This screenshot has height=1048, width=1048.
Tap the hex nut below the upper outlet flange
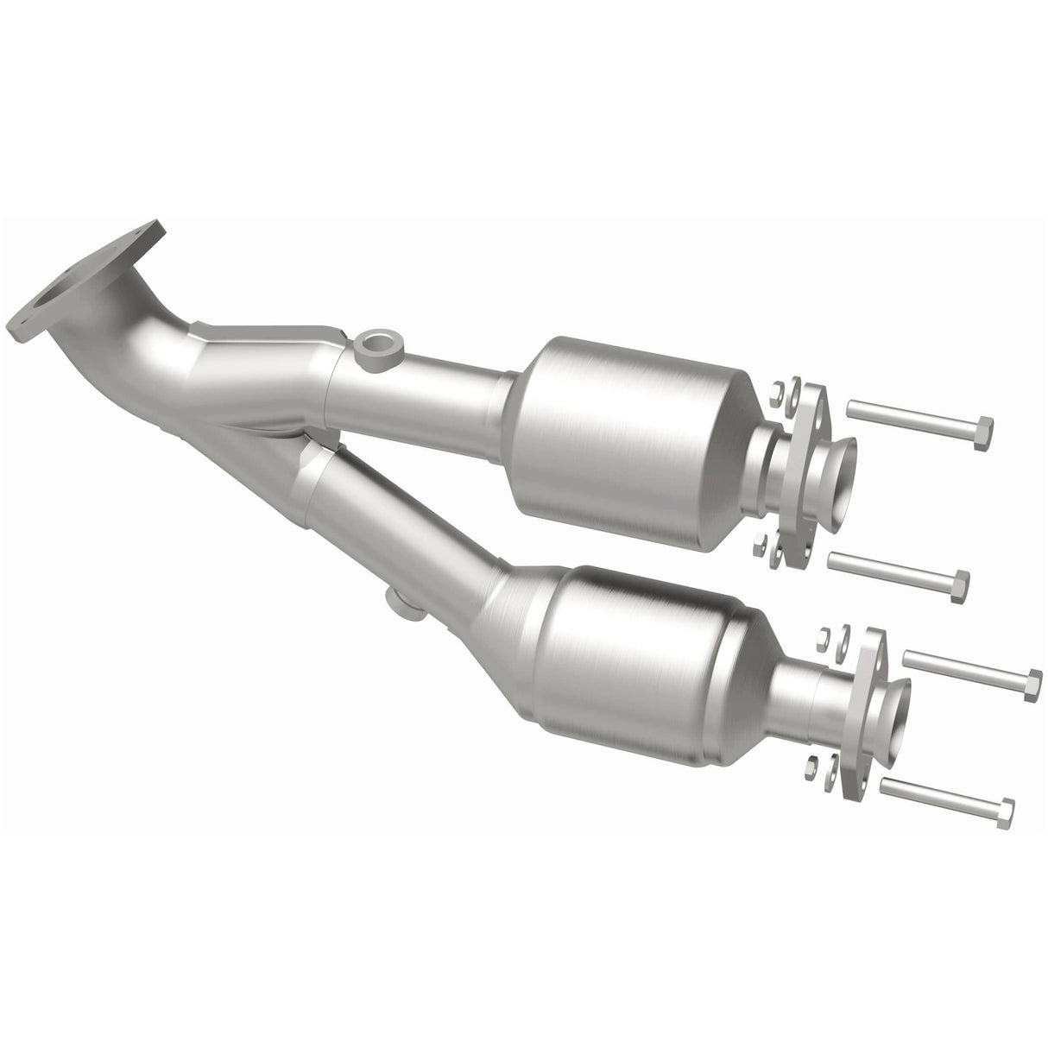(760, 543)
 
